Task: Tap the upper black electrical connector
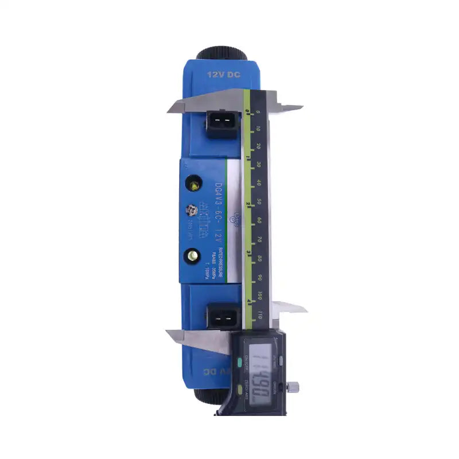(x=222, y=122)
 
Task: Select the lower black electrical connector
(x=222, y=316)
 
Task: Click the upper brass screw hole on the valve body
(x=195, y=185)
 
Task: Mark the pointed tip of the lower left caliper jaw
(x=167, y=332)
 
